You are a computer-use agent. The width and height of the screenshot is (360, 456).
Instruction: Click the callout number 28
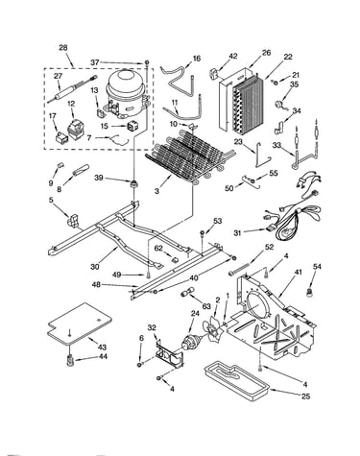63,48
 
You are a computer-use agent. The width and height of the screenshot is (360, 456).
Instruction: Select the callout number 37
95,62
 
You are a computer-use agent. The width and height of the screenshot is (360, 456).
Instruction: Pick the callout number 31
237,233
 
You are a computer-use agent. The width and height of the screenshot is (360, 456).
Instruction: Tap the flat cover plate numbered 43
80,323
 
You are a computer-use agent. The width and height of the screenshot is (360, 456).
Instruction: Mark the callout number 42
233,56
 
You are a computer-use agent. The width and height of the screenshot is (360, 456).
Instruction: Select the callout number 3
156,191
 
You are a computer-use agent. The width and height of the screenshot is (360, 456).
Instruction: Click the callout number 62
158,248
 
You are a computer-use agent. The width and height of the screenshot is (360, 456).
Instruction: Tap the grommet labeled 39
132,184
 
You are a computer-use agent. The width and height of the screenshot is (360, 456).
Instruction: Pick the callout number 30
95,266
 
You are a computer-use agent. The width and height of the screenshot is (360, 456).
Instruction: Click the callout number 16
197,59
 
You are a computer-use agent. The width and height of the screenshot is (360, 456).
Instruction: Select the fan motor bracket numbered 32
169,353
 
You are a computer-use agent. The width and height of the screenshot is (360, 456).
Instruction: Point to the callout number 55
274,174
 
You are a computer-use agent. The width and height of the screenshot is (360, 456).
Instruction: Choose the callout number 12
71,104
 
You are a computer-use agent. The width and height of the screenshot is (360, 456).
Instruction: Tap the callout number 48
96,284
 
